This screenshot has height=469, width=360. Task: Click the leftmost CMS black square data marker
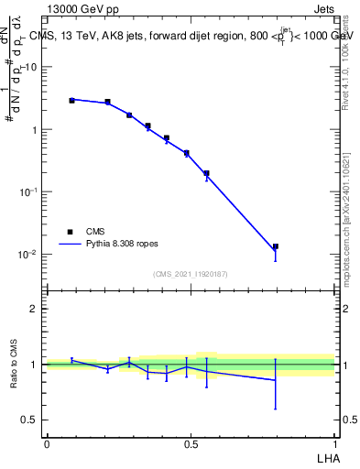pyautogui.click(x=71, y=100)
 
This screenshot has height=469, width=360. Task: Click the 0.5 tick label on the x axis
pyautogui.click(x=191, y=444)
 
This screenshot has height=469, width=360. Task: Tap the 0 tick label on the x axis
pyautogui.click(x=46, y=444)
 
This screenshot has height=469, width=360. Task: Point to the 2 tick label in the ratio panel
pyautogui.click(x=35, y=309)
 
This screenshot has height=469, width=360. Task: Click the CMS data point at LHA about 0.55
pyautogui.click(x=206, y=173)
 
